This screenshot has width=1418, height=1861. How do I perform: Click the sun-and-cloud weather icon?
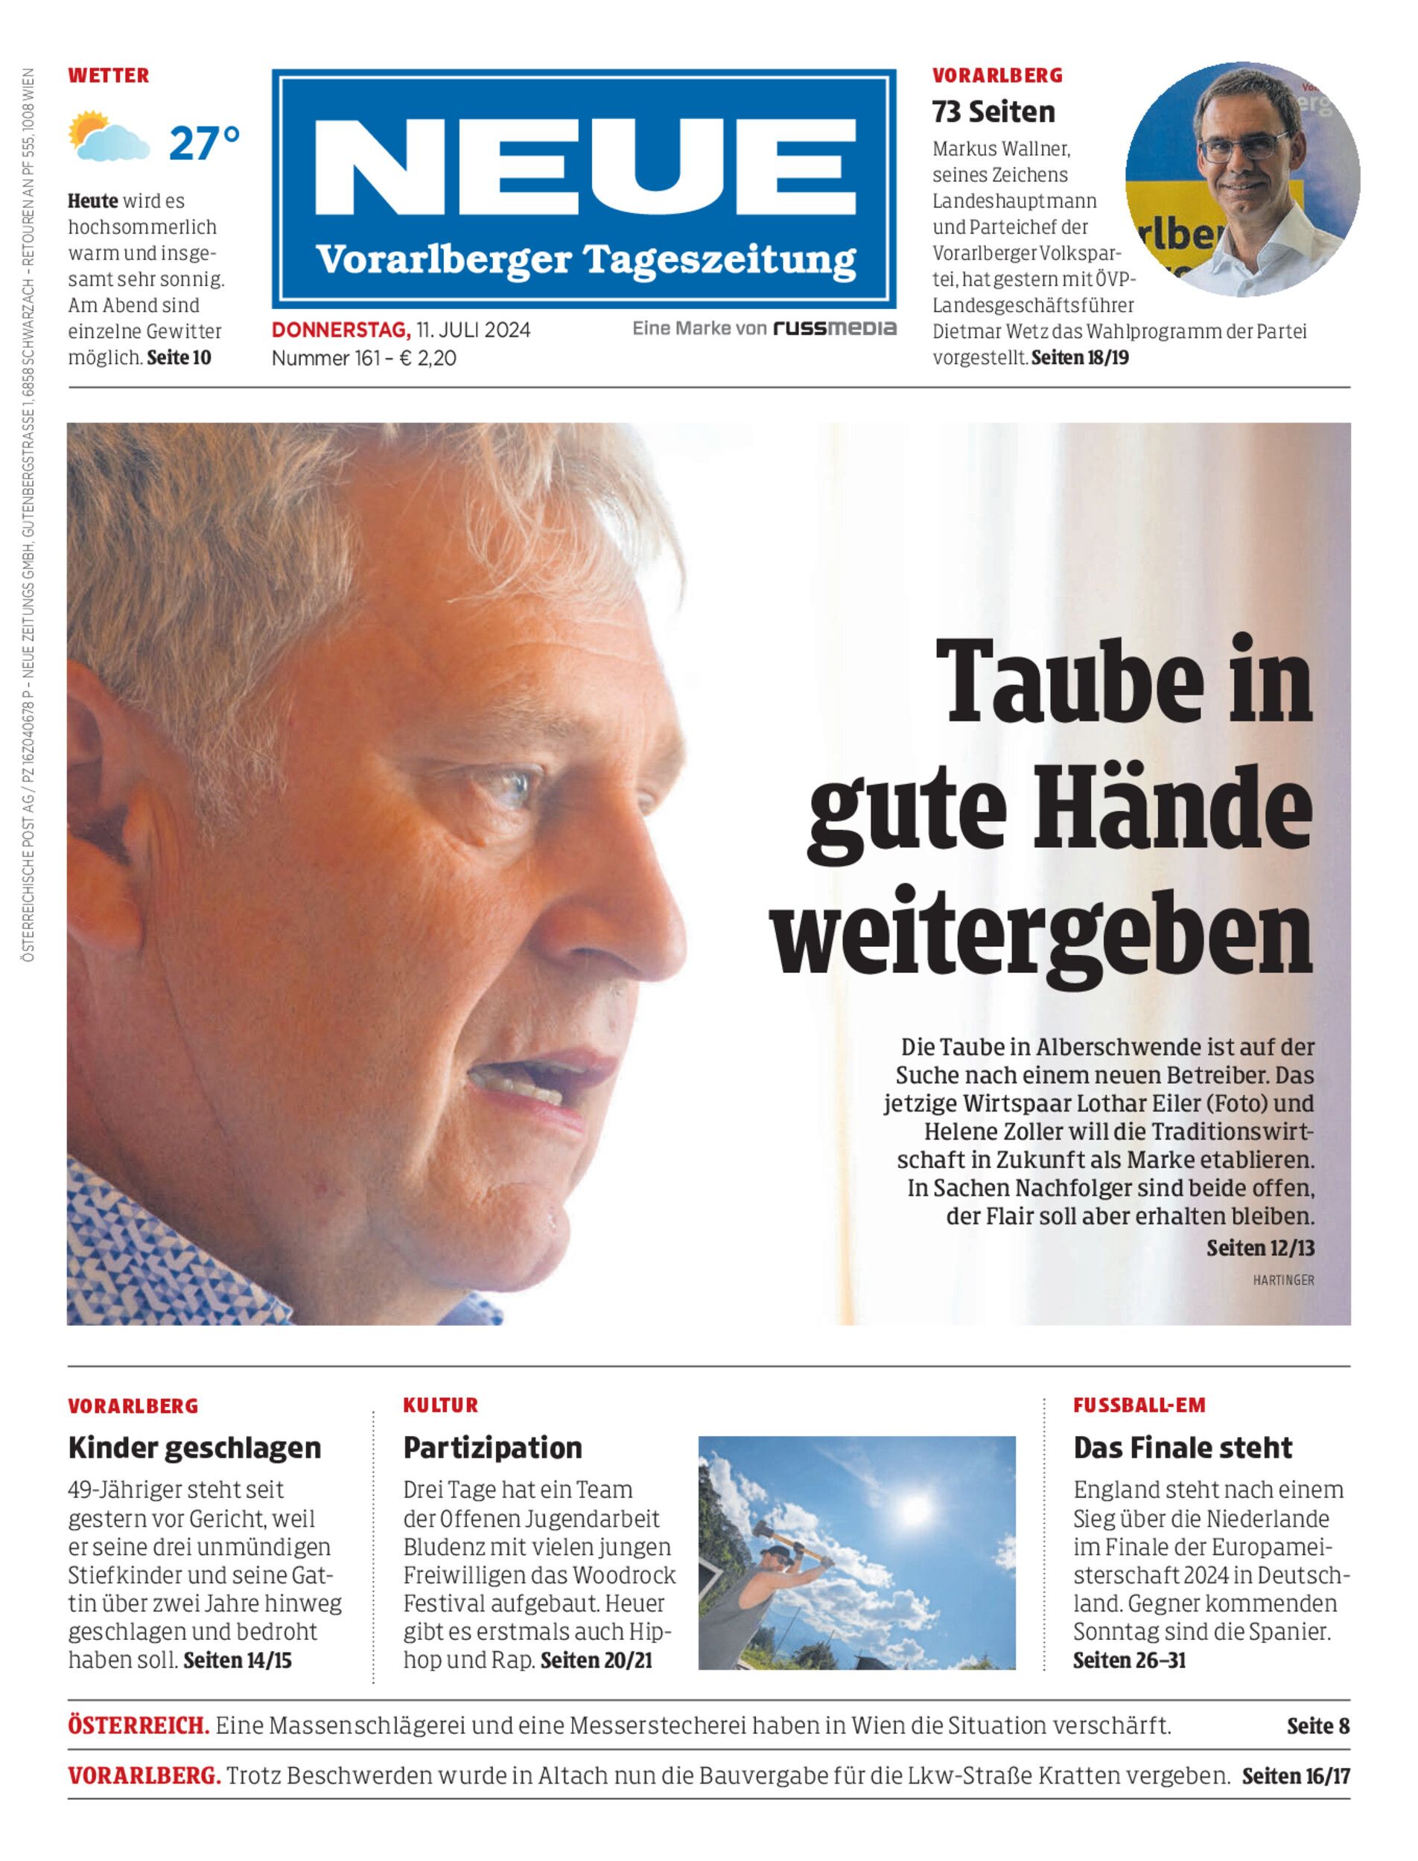[108, 138]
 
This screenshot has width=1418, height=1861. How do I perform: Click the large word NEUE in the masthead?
[584, 168]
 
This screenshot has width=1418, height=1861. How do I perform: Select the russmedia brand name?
[835, 328]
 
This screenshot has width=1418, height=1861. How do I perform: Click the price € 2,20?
[428, 358]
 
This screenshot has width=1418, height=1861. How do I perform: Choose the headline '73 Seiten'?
[993, 112]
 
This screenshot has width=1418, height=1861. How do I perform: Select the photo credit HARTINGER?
[1283, 1280]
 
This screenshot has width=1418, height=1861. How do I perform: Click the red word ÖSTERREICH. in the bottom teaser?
[139, 1726]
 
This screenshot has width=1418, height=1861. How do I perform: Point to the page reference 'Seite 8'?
[1317, 1726]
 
